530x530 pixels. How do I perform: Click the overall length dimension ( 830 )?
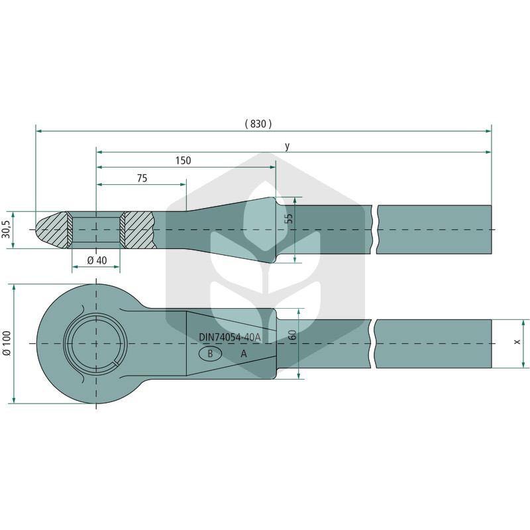click(x=258, y=124)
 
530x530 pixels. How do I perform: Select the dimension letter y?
click(x=287, y=146)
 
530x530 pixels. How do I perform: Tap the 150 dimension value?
click(x=184, y=160)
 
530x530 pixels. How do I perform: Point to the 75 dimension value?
click(x=142, y=178)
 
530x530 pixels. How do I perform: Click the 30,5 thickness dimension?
click(x=7, y=229)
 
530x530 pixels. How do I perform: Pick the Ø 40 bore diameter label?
click(x=97, y=260)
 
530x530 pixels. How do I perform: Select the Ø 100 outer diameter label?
click(x=7, y=343)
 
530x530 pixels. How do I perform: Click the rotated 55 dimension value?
click(x=289, y=219)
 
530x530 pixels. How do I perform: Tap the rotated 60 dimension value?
click(x=293, y=335)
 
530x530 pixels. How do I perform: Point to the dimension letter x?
click(x=517, y=342)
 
